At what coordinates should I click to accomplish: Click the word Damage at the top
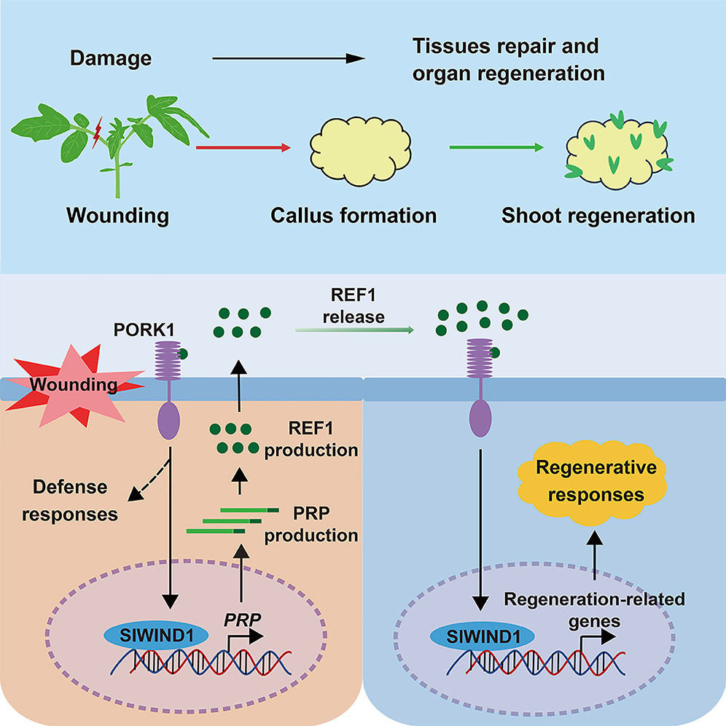[111, 58]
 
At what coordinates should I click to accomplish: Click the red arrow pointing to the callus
[243, 148]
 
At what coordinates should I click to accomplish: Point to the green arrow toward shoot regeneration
[496, 148]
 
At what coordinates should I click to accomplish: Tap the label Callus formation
[354, 216]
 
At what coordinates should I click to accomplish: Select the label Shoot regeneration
[598, 216]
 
